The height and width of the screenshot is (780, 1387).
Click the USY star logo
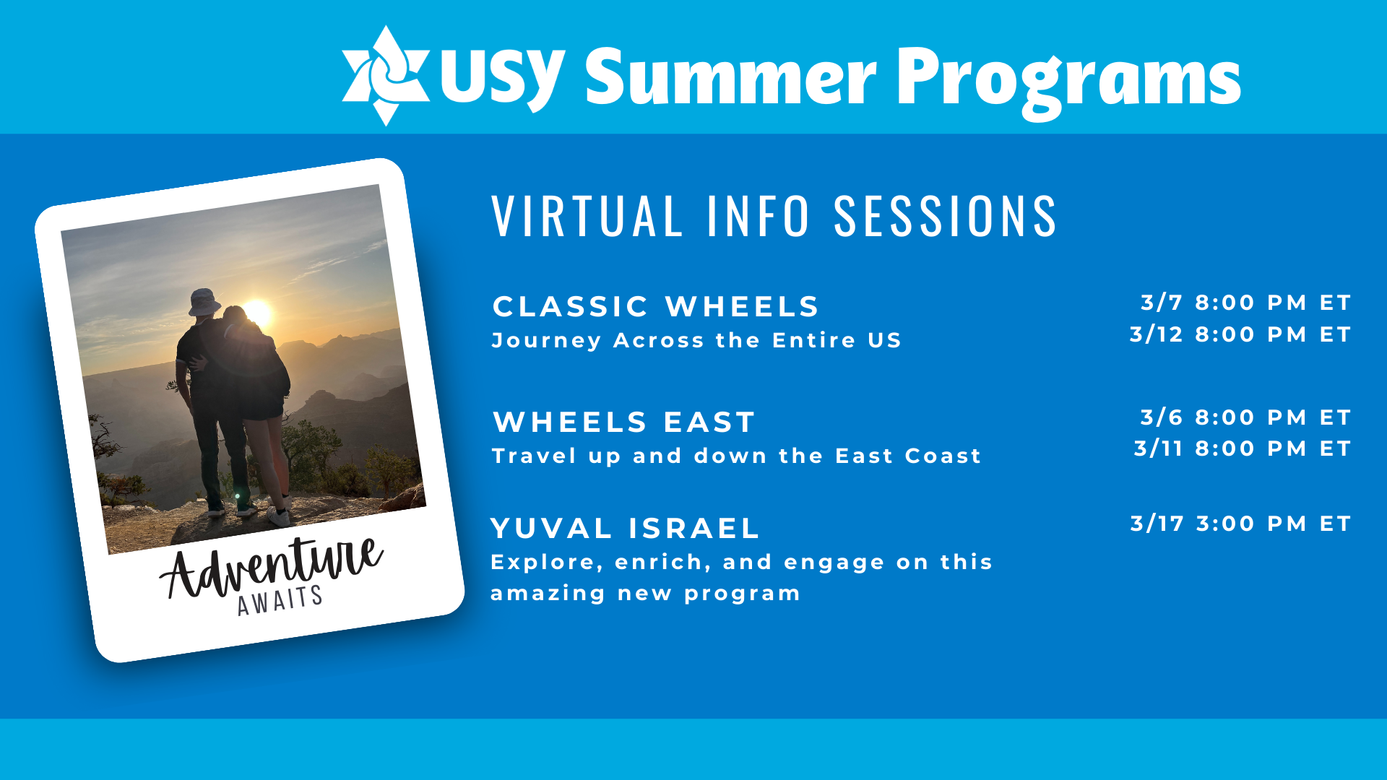(385, 76)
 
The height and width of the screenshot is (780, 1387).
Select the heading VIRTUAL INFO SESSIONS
(774, 215)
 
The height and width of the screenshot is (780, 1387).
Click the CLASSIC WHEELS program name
(656, 306)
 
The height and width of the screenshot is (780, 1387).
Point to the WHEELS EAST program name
(624, 422)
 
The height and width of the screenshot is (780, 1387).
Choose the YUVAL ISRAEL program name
(625, 528)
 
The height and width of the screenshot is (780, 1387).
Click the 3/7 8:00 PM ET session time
(1245, 302)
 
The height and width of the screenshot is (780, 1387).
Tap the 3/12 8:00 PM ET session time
(1240, 334)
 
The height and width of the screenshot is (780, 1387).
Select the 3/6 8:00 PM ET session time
(1245, 417)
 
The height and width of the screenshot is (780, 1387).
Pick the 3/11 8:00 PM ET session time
(1243, 448)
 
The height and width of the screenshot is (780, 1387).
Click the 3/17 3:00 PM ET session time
(1240, 523)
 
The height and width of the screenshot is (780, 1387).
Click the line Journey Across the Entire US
(696, 340)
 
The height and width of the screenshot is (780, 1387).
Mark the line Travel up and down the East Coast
(736, 456)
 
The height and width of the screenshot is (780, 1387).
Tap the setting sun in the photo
(258, 313)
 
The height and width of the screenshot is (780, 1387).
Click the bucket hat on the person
(204, 302)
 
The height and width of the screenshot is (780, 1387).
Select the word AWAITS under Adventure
(280, 600)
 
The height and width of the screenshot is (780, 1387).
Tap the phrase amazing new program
(645, 594)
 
